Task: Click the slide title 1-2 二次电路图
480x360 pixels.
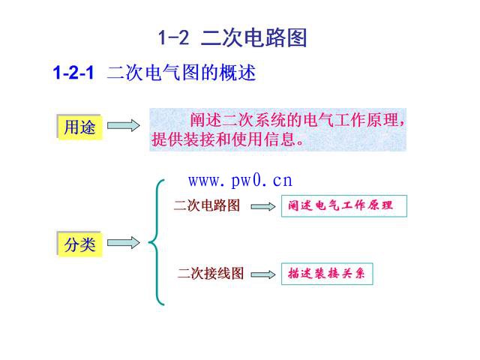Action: pos(232,38)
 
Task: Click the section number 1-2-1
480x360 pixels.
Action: pos(73,73)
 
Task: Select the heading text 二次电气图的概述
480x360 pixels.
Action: pos(181,73)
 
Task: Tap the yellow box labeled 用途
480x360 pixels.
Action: pos(79,127)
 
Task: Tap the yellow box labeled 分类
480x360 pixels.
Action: pos(79,244)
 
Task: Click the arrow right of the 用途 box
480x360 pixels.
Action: pos(123,127)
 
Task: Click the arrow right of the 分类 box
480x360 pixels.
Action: pos(123,243)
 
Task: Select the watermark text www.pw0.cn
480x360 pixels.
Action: pos(240,181)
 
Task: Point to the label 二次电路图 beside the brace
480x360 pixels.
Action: pos(207,205)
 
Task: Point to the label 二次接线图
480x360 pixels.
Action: pos(211,274)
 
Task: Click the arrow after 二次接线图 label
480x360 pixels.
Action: pos(263,275)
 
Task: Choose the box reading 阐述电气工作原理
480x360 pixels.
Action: pos(343,206)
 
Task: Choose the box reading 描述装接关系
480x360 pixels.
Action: pos(326,274)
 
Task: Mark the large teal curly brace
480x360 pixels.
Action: pos(155,241)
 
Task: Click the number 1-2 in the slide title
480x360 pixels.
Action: pos(173,38)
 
